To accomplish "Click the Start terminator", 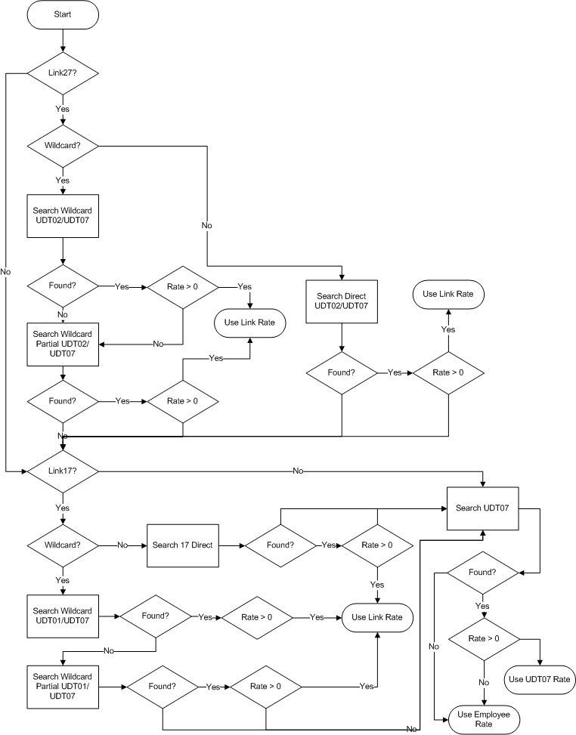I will pos(63,15).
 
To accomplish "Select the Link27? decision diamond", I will pos(63,74).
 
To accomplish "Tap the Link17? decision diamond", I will pos(63,471).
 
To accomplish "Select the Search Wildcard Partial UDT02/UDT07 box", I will pos(63,344).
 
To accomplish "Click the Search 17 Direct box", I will pos(182,544).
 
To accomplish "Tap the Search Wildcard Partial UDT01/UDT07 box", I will pos(63,686).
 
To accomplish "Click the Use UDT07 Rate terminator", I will pos(539,678).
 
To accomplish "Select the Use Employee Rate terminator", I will pos(484,719).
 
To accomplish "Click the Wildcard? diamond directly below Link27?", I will pos(63,144).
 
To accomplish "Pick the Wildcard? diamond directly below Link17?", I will pos(63,544).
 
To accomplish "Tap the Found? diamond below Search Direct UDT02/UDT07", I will pos(342,372).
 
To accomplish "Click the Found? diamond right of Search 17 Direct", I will pos(280,544).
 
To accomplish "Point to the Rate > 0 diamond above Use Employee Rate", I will pos(484,639).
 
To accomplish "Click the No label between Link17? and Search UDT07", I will pos(298,471).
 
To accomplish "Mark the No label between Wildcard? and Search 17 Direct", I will pos(122,544).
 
